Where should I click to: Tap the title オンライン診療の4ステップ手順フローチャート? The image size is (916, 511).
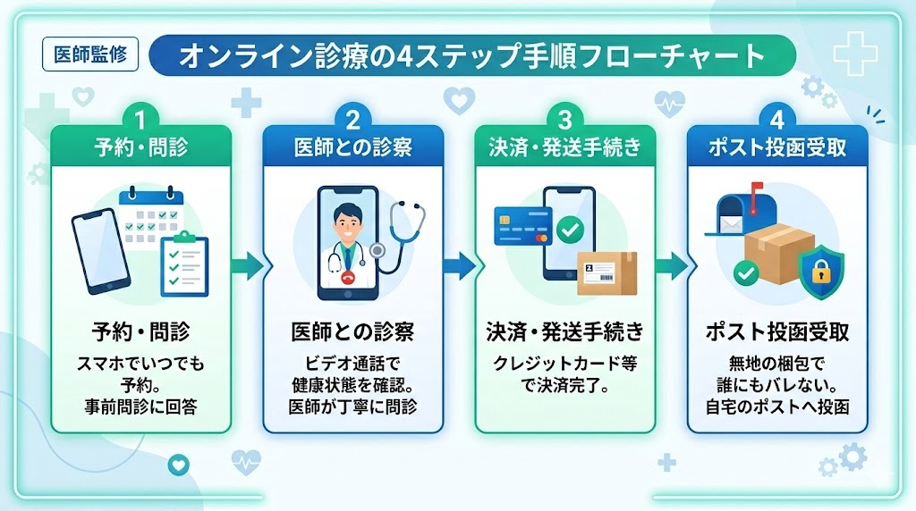471,56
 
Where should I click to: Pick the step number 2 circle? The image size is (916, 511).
352,117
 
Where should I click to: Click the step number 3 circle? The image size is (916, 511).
564,117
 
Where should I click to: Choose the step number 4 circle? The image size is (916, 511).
776,117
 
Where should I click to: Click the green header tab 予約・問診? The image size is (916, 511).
140,147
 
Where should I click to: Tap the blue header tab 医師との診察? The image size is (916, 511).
352,147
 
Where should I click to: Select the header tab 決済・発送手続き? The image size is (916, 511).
564,147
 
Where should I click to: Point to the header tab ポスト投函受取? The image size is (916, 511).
776,147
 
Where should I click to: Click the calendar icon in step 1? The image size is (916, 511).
150,214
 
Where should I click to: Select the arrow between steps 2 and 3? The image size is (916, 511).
459,265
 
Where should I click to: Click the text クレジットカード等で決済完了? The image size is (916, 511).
564,375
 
